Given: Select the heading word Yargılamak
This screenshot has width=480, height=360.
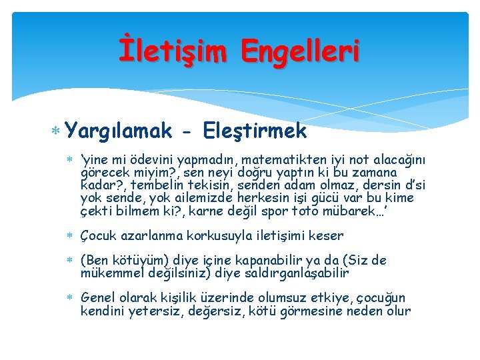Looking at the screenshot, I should pos(119,131).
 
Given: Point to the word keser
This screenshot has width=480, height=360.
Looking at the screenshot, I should pos(327,235).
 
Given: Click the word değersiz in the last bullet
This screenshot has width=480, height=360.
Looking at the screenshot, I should pos(229,311).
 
